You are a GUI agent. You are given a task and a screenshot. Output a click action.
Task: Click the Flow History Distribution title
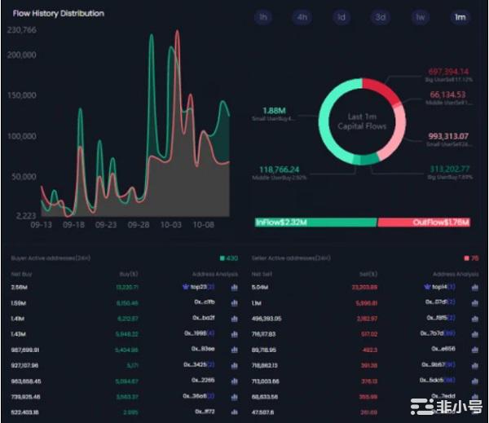pos(58,14)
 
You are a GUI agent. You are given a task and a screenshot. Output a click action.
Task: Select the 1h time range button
pos(262,17)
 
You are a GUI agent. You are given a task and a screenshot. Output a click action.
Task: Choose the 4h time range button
pos(302,17)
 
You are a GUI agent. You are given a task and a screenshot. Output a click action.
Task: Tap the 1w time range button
pos(420,17)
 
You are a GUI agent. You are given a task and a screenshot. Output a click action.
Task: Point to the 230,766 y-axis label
pos(22,30)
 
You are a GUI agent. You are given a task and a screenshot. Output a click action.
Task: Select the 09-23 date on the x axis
pos(106,224)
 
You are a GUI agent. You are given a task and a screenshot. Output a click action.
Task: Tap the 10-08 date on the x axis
pos(203,224)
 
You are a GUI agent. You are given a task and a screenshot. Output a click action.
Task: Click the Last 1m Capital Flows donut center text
pos(362,121)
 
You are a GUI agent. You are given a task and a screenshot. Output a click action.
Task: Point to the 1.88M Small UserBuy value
pos(274,110)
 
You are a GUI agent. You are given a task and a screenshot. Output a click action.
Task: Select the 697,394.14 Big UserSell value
pos(447,73)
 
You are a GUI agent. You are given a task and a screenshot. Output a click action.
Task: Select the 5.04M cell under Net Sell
pos(261,287)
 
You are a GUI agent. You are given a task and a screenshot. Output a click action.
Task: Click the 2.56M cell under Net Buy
pos(19,287)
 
